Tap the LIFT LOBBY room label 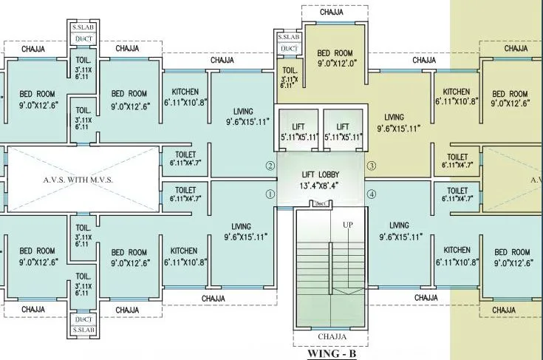[x=321, y=178]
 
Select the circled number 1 [x=270, y=194]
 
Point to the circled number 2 [x=270, y=166]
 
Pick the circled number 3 [x=372, y=166]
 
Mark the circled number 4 [x=372, y=194]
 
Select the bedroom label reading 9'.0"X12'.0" [x=337, y=58]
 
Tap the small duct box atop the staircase [x=320, y=203]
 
